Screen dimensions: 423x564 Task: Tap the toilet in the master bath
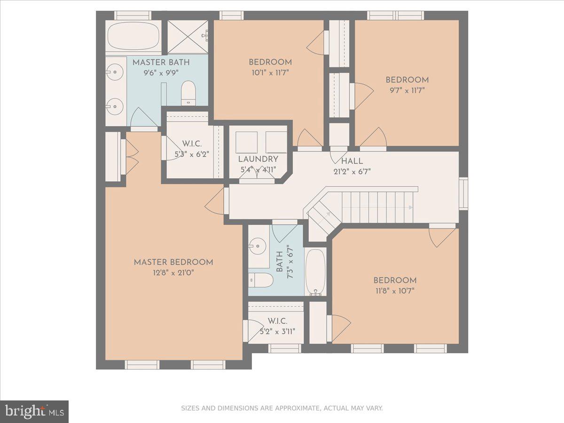(188, 93)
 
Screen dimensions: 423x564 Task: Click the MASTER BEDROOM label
(173, 262)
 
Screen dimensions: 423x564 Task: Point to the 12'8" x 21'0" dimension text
(173, 273)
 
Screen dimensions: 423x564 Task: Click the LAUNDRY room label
(258, 159)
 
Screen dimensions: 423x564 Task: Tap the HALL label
(352, 161)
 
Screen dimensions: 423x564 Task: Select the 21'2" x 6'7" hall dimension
(352, 172)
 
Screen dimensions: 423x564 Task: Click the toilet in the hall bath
(261, 280)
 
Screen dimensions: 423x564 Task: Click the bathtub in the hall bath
(315, 272)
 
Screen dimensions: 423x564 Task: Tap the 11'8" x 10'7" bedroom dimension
(395, 290)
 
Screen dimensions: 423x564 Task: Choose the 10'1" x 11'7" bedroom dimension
(270, 72)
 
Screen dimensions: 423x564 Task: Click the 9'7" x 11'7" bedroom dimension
(407, 90)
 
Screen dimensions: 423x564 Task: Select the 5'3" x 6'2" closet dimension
(192, 153)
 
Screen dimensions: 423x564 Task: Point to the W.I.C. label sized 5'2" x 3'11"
(277, 321)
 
